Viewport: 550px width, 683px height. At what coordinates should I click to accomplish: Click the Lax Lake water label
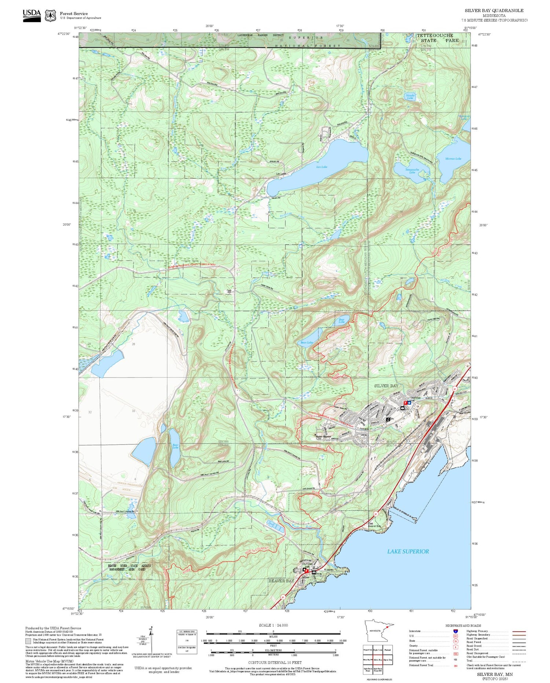tap(322, 167)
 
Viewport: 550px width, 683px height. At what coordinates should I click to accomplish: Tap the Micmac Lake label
tap(453, 158)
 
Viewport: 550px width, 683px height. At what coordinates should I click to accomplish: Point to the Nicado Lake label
tap(410, 96)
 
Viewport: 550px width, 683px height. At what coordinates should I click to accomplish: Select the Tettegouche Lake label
tap(412, 171)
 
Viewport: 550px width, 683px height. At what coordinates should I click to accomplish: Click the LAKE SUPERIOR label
tap(408, 551)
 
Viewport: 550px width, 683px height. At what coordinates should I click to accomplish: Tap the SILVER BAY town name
tap(386, 386)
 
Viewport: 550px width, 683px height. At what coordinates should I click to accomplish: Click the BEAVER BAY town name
tap(281, 581)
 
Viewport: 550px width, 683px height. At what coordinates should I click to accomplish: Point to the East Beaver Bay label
tap(374, 525)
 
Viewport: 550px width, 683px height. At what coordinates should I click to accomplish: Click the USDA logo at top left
tap(32, 15)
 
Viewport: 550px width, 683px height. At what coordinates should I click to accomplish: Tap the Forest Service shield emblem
tap(50, 15)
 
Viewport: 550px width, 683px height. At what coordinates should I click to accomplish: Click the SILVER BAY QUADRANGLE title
tap(494, 11)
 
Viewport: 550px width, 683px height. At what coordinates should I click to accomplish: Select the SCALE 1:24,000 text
tap(273, 625)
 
